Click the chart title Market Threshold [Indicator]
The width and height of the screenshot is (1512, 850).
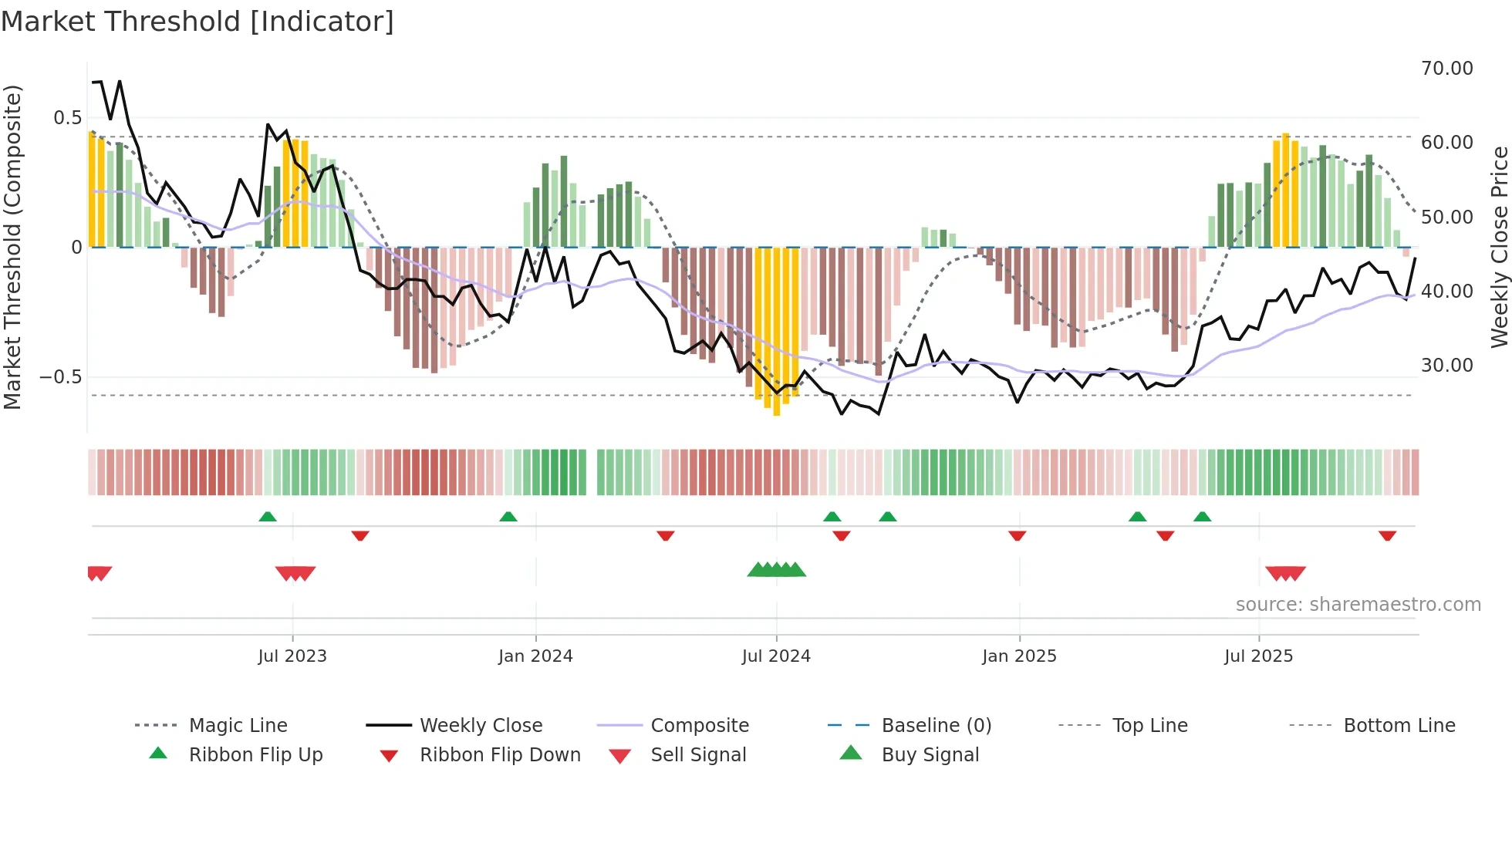[x=197, y=22]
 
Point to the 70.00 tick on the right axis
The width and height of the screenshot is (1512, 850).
[x=1446, y=68]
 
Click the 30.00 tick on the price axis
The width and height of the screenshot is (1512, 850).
[x=1446, y=365]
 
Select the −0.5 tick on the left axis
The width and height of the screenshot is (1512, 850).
[x=60, y=377]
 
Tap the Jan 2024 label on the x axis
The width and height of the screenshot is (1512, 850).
[x=535, y=656]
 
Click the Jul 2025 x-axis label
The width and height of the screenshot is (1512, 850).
[x=1258, y=656]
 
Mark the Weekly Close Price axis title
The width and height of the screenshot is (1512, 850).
[x=1499, y=247]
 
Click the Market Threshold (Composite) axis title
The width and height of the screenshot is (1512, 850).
[x=12, y=247]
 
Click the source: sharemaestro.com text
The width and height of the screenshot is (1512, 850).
[x=1358, y=604]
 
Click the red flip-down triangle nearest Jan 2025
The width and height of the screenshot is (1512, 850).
[x=1017, y=535]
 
